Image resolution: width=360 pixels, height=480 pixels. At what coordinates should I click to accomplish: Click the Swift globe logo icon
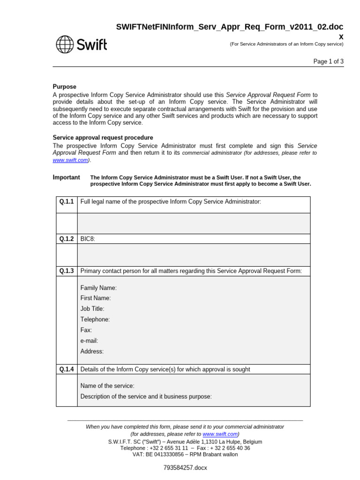65,45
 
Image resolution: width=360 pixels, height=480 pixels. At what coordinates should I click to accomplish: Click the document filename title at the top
230,28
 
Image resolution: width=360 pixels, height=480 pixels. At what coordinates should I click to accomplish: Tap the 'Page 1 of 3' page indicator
328,61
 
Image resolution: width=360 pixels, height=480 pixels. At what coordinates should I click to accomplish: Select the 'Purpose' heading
64,87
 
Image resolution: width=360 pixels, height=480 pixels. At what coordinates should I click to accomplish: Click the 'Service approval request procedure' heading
103,138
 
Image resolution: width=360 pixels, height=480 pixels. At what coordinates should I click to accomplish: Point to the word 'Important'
66,178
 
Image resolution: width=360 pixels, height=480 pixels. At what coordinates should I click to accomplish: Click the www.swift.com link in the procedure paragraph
70,160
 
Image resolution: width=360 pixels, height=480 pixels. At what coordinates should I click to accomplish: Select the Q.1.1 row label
67,202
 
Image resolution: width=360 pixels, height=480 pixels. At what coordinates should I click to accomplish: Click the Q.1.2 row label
67,239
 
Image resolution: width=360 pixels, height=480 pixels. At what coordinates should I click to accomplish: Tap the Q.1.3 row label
67,271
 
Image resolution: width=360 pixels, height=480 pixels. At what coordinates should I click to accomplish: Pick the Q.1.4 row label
67,369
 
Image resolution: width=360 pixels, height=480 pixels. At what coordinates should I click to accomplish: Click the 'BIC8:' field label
88,239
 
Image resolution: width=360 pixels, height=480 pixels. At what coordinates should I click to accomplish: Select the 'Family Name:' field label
98,288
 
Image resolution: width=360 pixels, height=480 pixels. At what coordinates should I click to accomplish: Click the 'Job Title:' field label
92,309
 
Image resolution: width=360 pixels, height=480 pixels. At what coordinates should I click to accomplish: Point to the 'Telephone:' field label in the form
95,320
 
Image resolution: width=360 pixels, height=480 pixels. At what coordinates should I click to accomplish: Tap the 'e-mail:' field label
89,341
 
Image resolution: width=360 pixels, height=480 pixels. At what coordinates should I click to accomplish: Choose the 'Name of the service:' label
107,386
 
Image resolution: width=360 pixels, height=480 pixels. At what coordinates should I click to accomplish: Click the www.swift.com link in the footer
220,435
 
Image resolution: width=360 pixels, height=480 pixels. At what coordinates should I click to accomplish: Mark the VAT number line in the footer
185,454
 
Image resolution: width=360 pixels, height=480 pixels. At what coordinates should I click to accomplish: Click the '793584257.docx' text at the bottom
185,468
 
